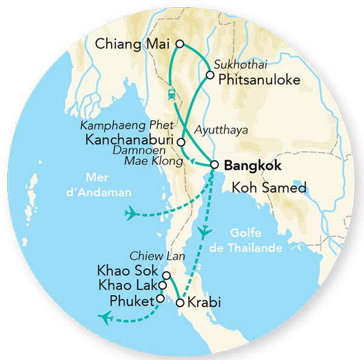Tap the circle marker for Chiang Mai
(x=180, y=43)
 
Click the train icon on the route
(x=172, y=94)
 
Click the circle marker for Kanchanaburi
(x=181, y=141)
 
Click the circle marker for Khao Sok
(x=166, y=275)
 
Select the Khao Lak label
(x=127, y=285)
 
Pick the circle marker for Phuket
(x=160, y=299)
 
